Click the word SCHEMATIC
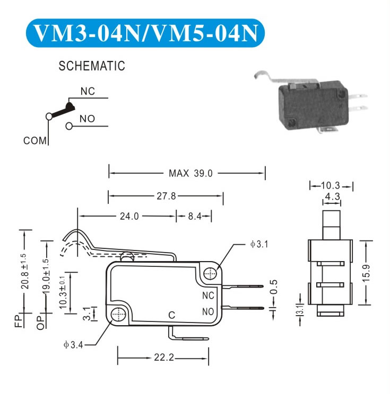click(x=92, y=67)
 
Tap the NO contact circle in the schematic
click(x=70, y=126)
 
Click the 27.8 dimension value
click(x=166, y=196)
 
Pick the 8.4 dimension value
click(x=194, y=216)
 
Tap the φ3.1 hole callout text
click(x=259, y=245)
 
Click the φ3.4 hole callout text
click(x=72, y=346)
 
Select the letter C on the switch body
click(x=172, y=315)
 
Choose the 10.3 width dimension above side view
click(x=331, y=185)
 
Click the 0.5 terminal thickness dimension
click(x=273, y=286)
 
